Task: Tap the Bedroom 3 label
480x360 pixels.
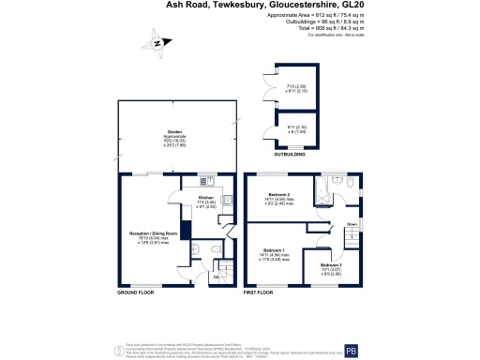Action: coord(329,265)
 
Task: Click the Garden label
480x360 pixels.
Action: coord(173,132)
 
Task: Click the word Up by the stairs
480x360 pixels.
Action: coord(217,277)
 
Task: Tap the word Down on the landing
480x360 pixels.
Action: coord(351,225)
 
